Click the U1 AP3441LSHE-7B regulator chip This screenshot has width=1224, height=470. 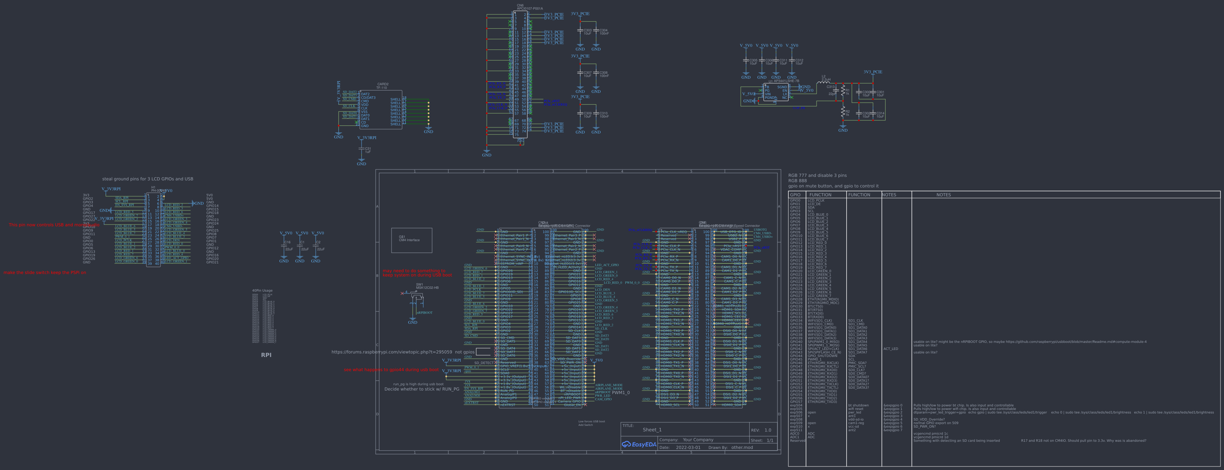[x=775, y=92]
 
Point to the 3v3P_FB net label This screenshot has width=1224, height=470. [x=799, y=108]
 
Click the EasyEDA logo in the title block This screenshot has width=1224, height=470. [x=639, y=444]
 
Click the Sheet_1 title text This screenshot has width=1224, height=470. [x=652, y=429]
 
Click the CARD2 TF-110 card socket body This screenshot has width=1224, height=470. [x=381, y=109]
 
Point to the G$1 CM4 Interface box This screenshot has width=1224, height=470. [x=412, y=240]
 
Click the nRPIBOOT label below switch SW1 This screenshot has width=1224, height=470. [x=424, y=313]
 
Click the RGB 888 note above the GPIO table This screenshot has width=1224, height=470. [x=797, y=181]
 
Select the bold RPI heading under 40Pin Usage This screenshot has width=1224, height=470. [x=266, y=355]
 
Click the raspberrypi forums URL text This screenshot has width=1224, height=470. [x=392, y=352]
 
